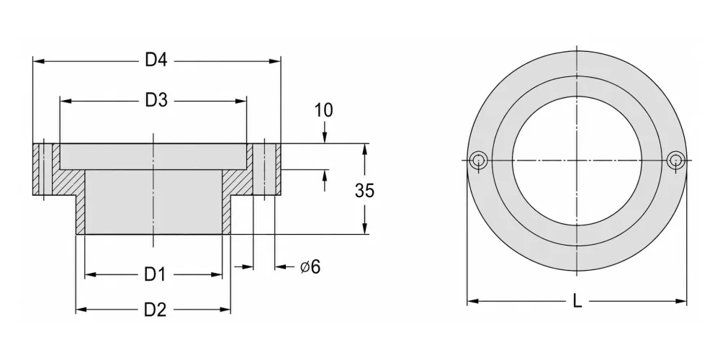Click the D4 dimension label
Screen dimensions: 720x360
(x=156, y=60)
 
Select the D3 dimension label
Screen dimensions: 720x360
(x=156, y=101)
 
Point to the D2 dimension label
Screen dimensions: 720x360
(x=155, y=310)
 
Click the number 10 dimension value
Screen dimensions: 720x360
(x=324, y=110)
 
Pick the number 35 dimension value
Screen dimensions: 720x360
(x=364, y=190)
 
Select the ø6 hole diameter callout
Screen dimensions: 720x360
(x=310, y=266)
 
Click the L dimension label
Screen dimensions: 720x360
(x=577, y=301)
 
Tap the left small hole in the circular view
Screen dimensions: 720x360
(x=479, y=161)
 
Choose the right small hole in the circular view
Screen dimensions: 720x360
(x=675, y=161)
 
